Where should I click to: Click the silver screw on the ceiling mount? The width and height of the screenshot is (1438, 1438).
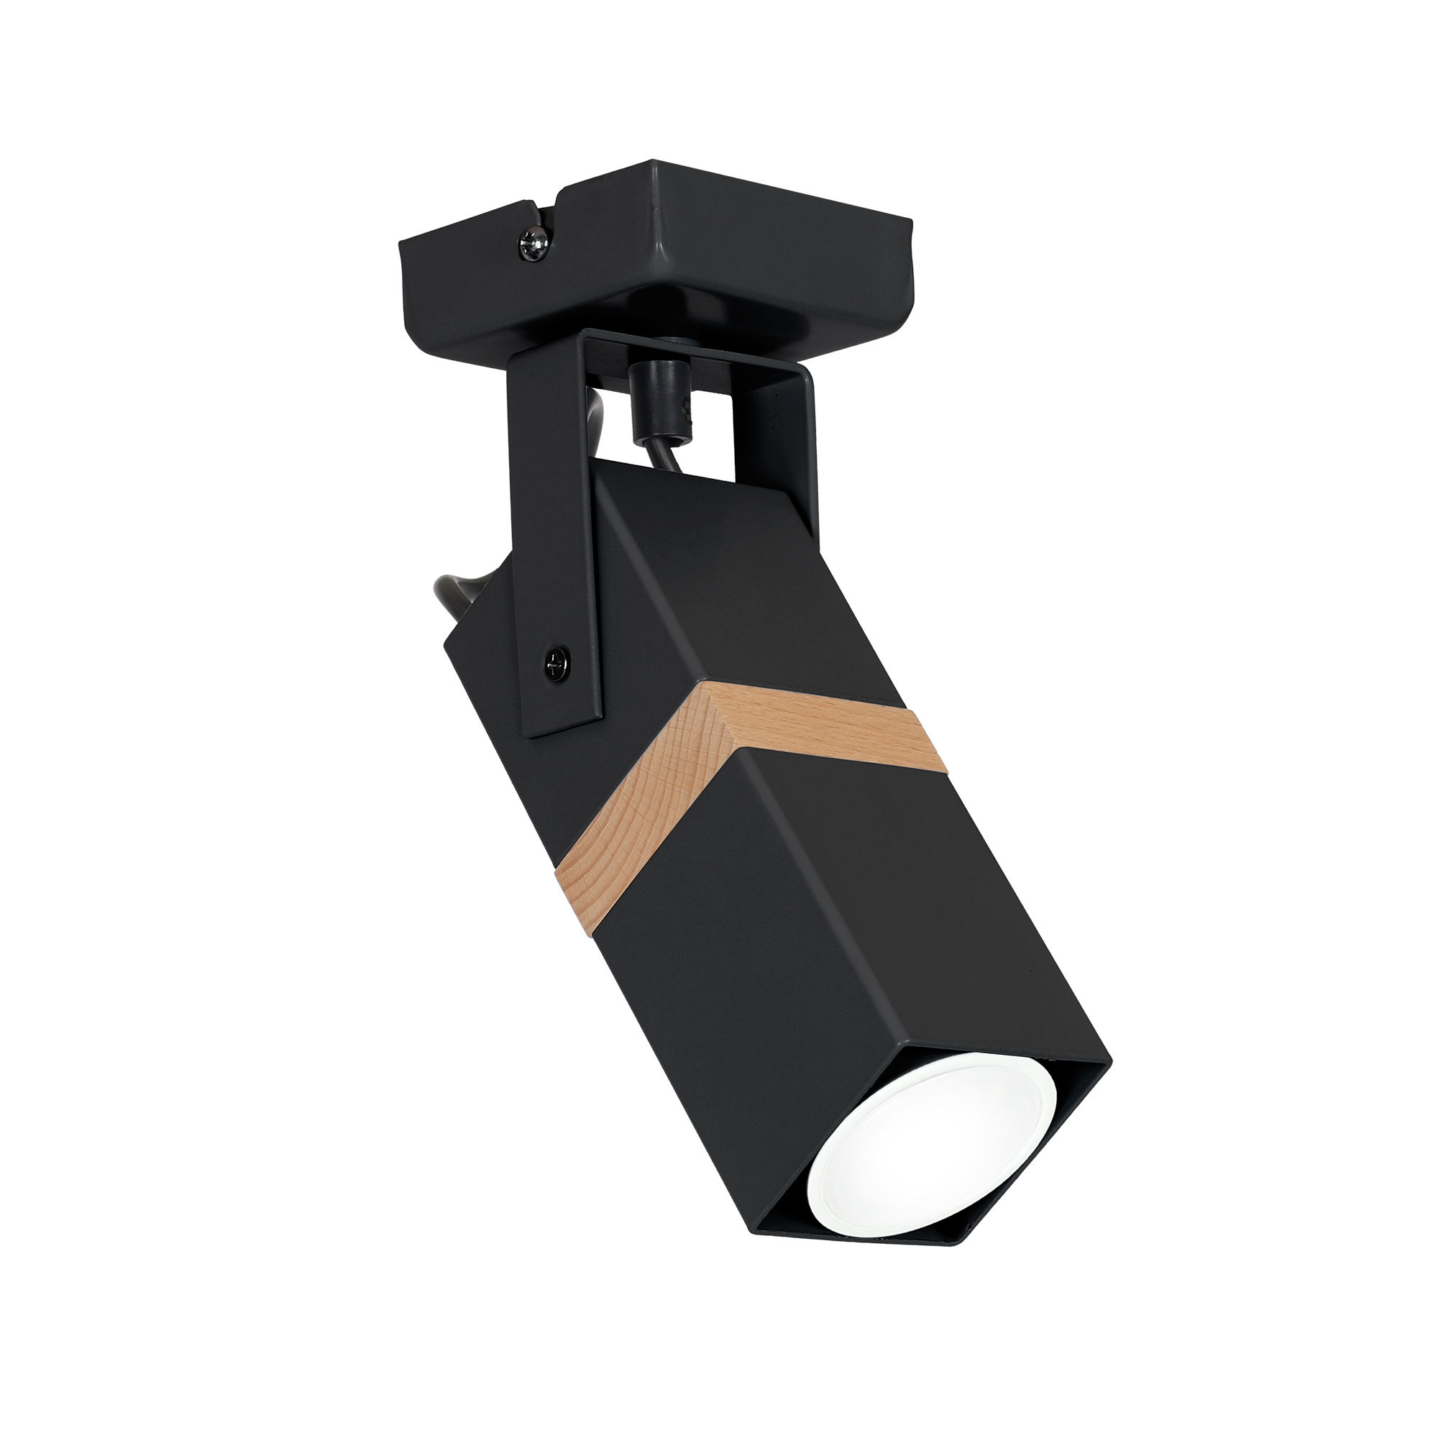pos(534,244)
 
